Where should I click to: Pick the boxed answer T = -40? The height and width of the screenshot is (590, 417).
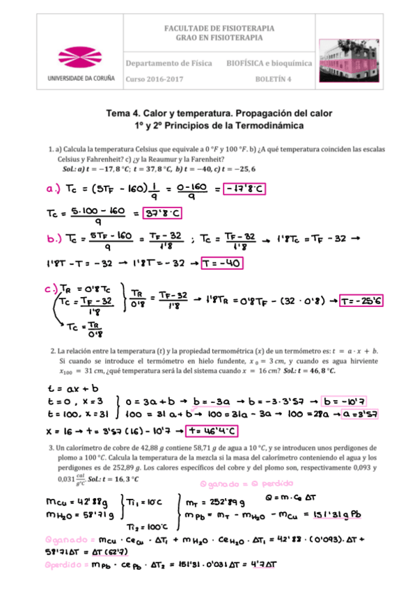pyautogui.click(x=223, y=263)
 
